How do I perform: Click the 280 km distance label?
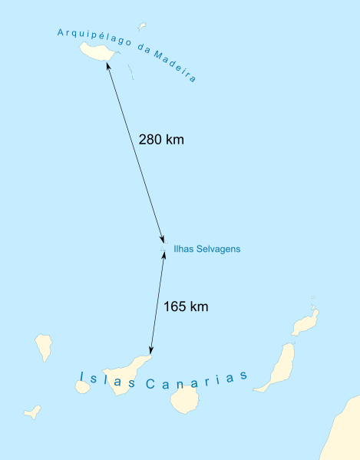(x=161, y=140)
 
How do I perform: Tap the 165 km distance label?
(x=186, y=306)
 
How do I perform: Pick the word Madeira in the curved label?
(x=174, y=66)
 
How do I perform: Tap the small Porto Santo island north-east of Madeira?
(x=142, y=25)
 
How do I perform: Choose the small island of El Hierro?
(x=32, y=412)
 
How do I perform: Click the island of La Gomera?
(x=83, y=386)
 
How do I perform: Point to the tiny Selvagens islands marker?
(x=162, y=249)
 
